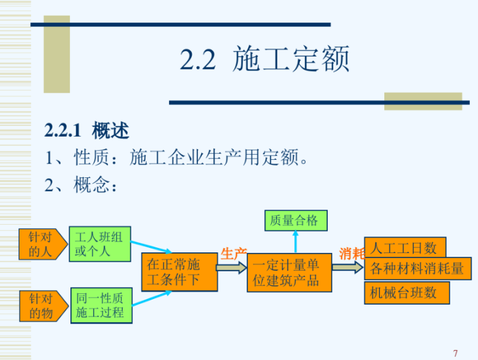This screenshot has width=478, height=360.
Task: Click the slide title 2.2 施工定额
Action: (264, 60)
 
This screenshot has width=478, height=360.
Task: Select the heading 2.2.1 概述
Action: (87, 131)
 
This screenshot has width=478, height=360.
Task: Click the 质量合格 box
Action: (294, 221)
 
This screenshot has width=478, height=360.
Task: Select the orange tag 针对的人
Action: (42, 244)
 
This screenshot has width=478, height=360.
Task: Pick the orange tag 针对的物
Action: (42, 305)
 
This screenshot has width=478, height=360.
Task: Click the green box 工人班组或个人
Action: (99, 244)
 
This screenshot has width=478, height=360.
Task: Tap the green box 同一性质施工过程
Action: (101, 305)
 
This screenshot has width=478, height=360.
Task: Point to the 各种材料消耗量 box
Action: (417, 269)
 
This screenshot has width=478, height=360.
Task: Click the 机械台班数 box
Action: (406, 293)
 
